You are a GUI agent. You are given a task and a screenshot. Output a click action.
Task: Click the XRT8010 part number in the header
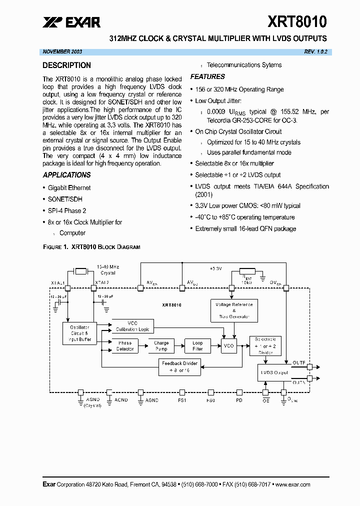[x=297, y=21]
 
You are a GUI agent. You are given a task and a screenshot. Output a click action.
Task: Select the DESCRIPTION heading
[x=66, y=65]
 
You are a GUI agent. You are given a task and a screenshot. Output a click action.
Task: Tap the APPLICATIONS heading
[x=66, y=175]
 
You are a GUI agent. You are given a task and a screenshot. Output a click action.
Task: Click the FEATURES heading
[x=207, y=76]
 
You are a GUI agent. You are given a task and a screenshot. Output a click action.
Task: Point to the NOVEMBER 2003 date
[x=62, y=52]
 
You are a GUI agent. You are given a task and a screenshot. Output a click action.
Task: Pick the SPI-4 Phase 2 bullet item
[x=67, y=210]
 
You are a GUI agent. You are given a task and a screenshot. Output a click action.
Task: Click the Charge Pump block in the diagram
[x=161, y=346]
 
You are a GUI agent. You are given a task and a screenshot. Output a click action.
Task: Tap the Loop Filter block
[x=197, y=346]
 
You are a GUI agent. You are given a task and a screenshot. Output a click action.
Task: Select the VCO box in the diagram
[x=229, y=346]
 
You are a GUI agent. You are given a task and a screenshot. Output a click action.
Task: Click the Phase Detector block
[x=125, y=346]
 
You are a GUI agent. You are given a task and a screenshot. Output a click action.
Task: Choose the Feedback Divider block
[x=179, y=366]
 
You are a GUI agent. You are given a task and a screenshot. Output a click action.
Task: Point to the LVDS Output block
[x=274, y=372]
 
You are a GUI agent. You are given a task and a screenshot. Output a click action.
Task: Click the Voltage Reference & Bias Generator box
[x=234, y=310]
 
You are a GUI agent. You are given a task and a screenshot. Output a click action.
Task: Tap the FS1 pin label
[x=182, y=400]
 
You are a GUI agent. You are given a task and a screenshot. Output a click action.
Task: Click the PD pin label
[x=239, y=400]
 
